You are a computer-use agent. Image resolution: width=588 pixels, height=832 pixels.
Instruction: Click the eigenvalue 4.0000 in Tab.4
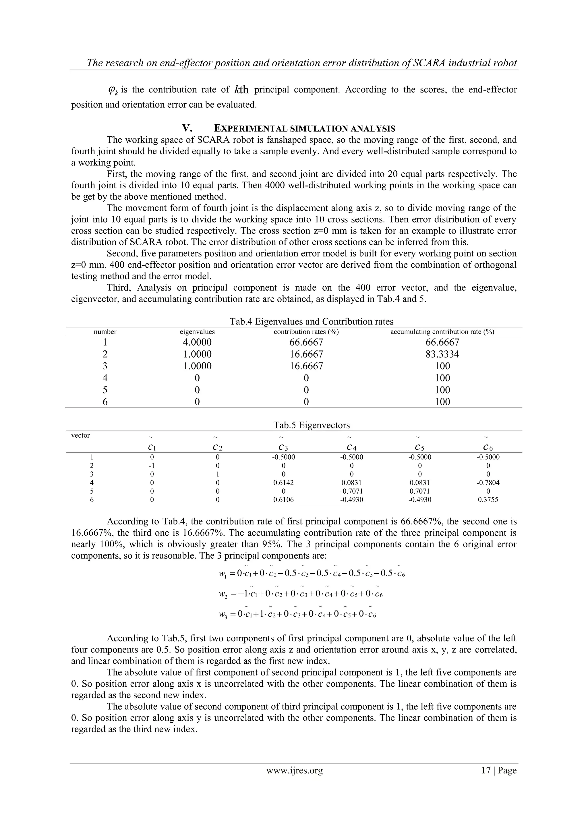(x=197, y=342)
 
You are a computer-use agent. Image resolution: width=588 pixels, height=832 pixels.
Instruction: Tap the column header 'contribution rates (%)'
(x=306, y=332)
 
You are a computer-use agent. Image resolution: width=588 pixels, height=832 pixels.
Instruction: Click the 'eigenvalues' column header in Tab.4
(x=197, y=332)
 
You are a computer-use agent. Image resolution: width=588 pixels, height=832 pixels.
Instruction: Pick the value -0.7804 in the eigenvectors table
(x=488, y=483)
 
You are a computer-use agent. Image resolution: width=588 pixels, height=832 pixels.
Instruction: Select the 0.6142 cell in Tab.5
(x=283, y=483)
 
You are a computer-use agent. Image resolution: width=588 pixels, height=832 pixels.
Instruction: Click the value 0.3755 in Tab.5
(x=488, y=500)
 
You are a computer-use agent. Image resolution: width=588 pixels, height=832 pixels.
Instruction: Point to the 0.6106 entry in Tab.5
(x=283, y=500)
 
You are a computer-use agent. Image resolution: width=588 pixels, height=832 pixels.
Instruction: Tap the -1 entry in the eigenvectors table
(x=152, y=466)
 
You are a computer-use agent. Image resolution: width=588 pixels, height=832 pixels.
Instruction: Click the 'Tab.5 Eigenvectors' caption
(x=312, y=425)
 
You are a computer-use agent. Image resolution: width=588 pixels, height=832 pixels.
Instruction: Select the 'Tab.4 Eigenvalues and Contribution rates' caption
(x=312, y=321)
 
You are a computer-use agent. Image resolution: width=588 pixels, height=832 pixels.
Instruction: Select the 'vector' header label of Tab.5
(x=80, y=436)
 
